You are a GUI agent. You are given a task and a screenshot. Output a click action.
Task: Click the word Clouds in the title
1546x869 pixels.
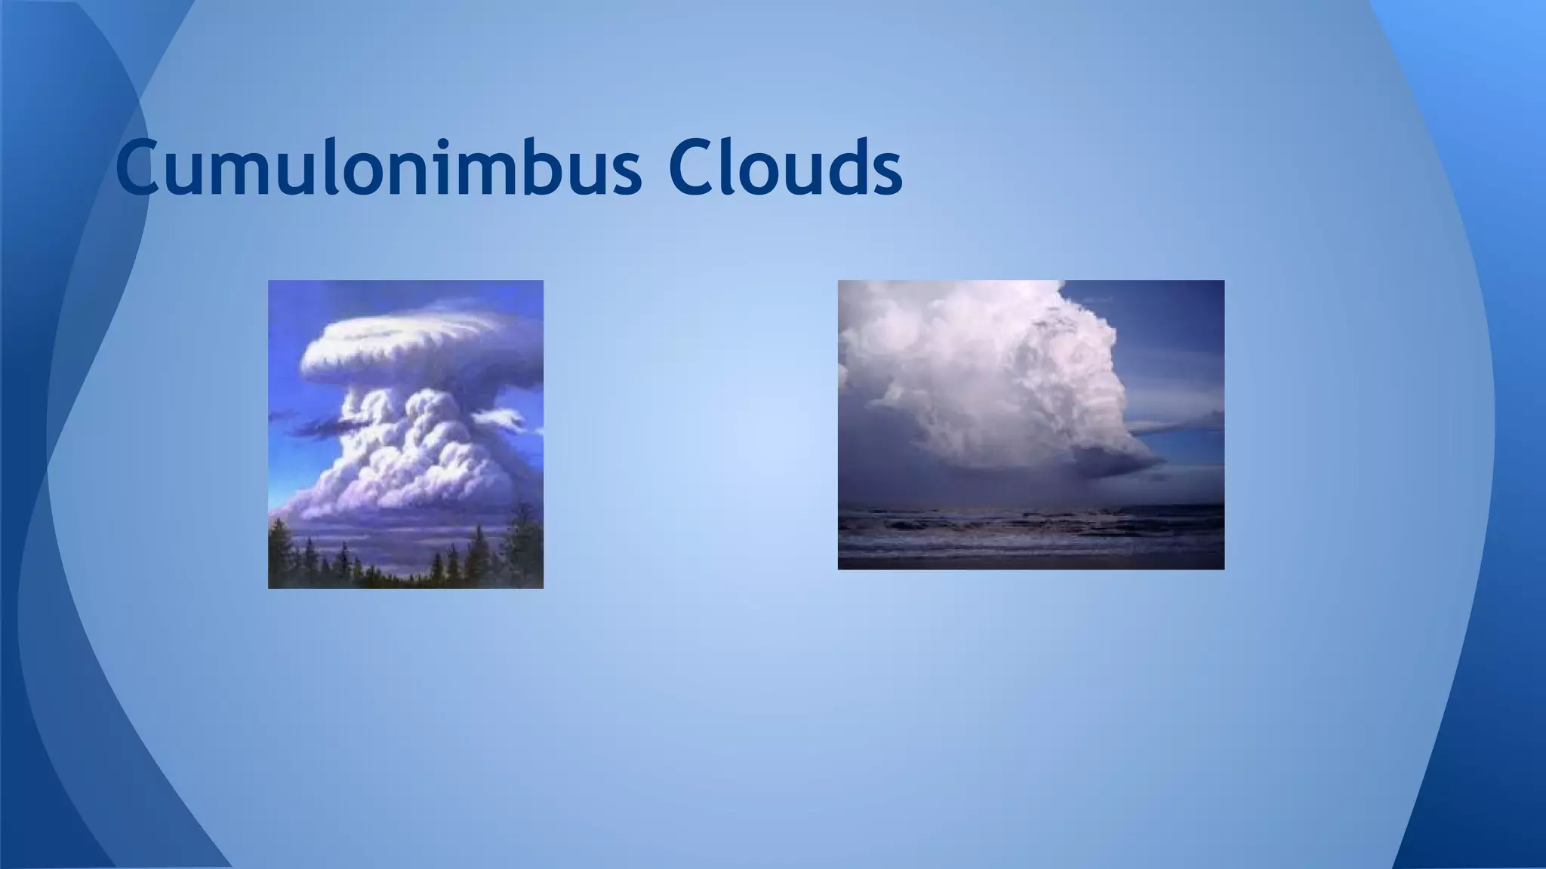[x=784, y=167]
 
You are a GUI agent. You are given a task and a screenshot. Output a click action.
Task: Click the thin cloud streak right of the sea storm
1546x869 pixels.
[x=1178, y=425]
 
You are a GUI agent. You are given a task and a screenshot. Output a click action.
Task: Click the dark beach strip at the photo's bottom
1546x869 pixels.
[x=1027, y=562]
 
